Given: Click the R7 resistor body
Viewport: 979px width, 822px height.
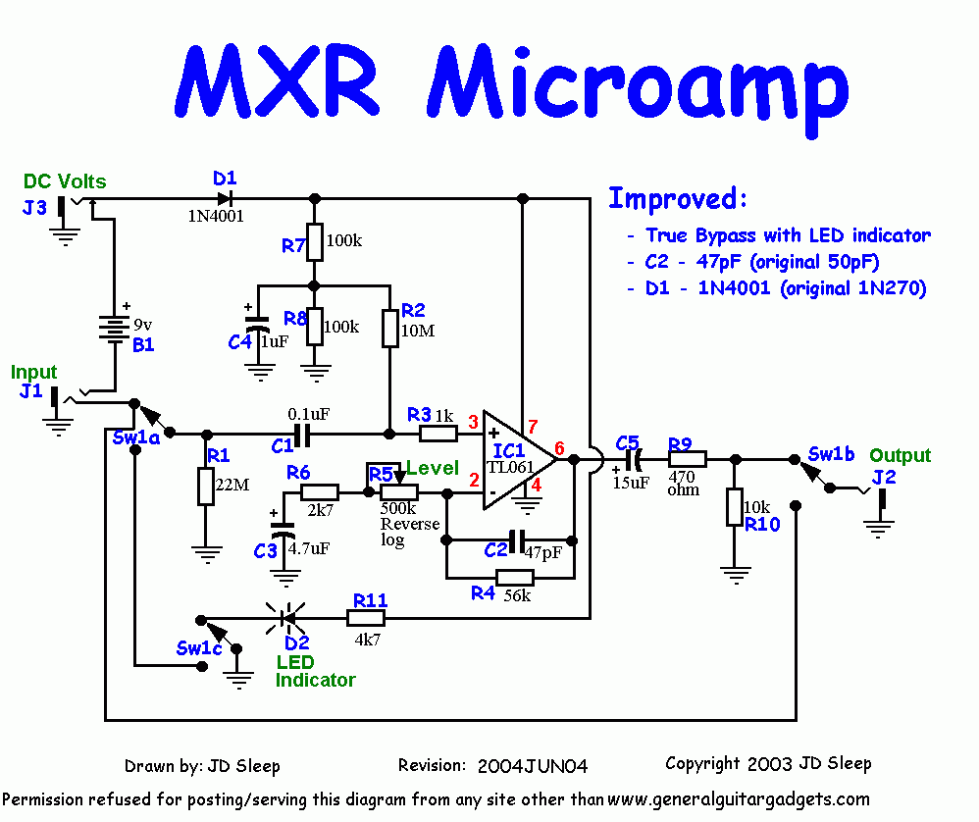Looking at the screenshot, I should pyautogui.click(x=314, y=241).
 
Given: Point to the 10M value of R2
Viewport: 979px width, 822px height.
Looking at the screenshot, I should pyautogui.click(x=418, y=331).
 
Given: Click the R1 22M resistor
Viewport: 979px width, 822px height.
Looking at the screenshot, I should pyautogui.click(x=205, y=486).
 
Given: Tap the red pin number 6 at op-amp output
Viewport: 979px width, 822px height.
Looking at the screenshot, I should pyautogui.click(x=560, y=449).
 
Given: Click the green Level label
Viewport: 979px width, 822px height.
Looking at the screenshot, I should pyautogui.click(x=432, y=469).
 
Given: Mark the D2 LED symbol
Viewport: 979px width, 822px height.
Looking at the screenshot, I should pyautogui.click(x=285, y=618).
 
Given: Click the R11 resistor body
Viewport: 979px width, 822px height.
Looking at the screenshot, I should pyautogui.click(x=366, y=618).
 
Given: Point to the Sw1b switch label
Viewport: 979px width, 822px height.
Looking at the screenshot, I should pyautogui.click(x=831, y=454).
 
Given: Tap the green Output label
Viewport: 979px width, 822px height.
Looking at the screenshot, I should pyautogui.click(x=900, y=456).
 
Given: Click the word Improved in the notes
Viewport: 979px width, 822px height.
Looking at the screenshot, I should pyautogui.click(x=676, y=199).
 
